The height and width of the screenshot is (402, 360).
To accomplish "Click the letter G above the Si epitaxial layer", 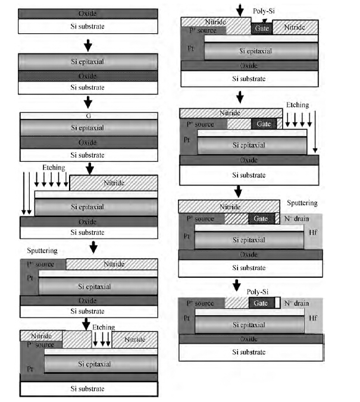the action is (88, 116).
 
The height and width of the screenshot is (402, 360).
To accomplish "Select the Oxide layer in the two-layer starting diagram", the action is (87, 14).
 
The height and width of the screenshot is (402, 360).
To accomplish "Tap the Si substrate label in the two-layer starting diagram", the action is (87, 26).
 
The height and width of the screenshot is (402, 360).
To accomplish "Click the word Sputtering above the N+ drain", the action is (302, 203).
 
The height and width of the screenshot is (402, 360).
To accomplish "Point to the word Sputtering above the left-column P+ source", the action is (42, 251).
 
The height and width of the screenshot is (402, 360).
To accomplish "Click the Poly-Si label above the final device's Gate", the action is (258, 292).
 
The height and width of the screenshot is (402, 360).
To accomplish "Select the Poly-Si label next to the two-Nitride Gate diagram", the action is (264, 11).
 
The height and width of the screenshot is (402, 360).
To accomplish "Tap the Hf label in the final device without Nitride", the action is (313, 318).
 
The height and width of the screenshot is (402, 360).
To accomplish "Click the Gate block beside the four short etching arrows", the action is (264, 124).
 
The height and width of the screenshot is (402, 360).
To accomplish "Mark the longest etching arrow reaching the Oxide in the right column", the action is (315, 131).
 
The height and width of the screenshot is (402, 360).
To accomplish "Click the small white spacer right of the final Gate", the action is (277, 303).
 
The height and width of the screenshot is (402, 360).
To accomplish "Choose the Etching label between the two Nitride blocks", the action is (104, 328).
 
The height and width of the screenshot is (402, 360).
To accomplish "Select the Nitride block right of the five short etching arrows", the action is (114, 183).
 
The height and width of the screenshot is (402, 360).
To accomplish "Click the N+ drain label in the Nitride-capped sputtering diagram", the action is (296, 219).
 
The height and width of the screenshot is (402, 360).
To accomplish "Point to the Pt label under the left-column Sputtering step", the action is (30, 278).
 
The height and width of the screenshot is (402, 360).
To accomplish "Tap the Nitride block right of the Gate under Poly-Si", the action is (295, 27).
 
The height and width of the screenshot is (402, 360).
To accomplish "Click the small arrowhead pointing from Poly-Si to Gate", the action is (264, 21).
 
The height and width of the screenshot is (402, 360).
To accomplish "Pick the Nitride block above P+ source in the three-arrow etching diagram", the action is (41, 336).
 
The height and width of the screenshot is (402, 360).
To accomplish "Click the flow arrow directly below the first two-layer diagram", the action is (88, 45).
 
